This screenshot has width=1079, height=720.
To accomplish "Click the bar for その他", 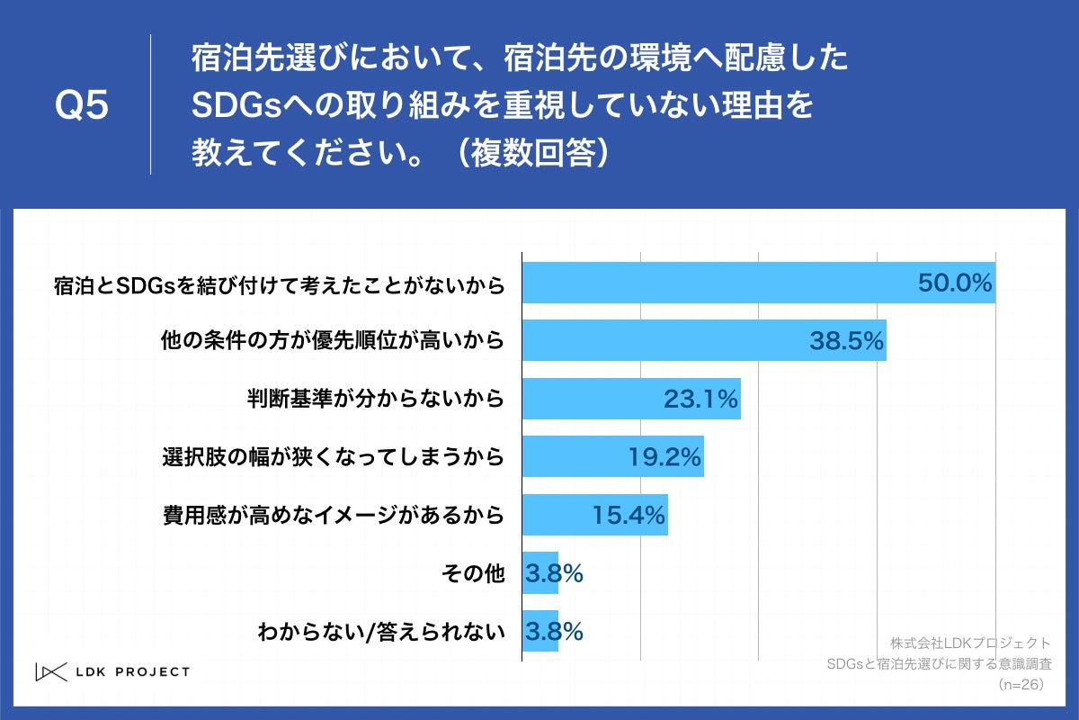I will (540, 572).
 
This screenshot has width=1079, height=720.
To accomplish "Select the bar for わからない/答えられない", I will (540, 631).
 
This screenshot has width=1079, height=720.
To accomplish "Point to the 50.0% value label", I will (954, 283).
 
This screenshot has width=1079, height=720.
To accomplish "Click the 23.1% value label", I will (700, 399).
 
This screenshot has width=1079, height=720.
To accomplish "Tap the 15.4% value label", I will (628, 516).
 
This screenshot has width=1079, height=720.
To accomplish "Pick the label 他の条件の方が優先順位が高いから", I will (331, 341).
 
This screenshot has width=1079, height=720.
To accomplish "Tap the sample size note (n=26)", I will (1020, 685).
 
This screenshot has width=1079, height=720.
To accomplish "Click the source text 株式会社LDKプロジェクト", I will (969, 643).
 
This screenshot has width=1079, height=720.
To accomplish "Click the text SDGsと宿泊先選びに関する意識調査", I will (939, 664).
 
